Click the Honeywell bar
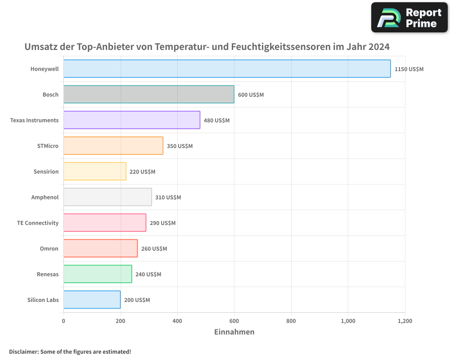coord(227,69)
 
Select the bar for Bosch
coord(148,94)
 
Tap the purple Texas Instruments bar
coord(131,120)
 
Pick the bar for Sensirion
coord(94,171)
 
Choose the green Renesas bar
coord(98,274)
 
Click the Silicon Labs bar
coord(92,300)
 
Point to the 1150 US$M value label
coord(409,69)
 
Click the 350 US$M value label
coord(180,146)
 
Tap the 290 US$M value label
coord(162,223)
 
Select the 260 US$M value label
coord(154,249)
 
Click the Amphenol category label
coord(45,198)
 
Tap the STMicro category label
coord(48,146)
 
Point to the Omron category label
coord(49,249)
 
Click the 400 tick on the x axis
coord(177,321)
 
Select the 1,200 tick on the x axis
coord(405,321)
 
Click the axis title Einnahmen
coord(234,332)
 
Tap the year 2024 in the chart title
coord(378,47)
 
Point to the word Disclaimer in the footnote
coord(23,351)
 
